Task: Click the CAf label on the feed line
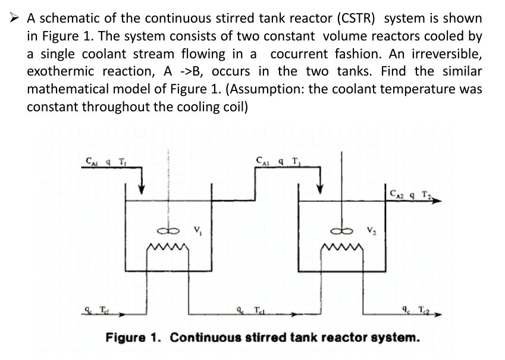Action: tap(93, 160)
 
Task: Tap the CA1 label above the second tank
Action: tap(263, 159)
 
